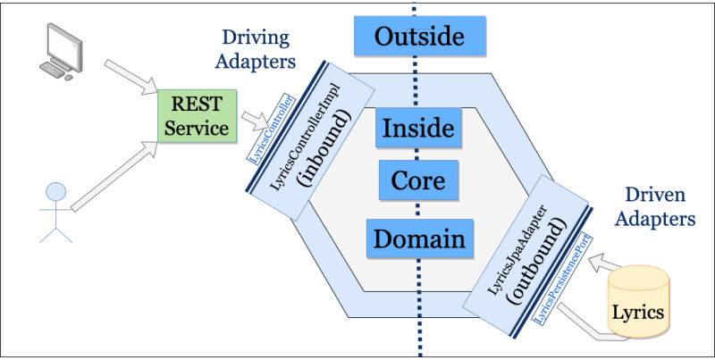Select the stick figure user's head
click(x=56, y=191)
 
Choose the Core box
click(x=418, y=181)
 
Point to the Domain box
click(x=418, y=239)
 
